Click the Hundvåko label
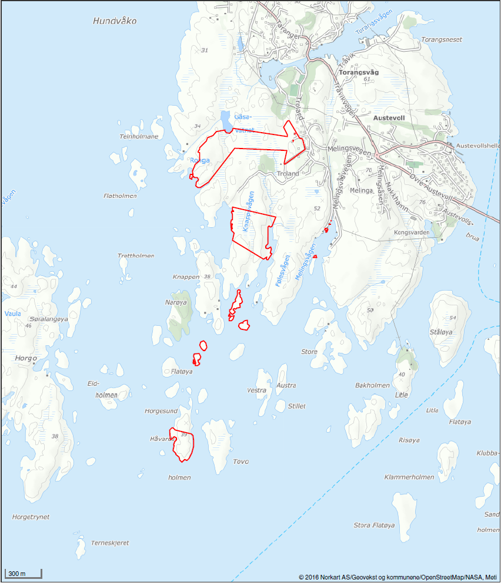(115, 21)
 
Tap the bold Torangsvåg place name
(359, 72)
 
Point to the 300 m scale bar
(23, 573)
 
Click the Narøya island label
(176, 302)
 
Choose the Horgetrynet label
(31, 517)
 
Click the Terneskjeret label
(110, 543)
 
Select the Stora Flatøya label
(374, 525)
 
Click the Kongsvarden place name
(411, 232)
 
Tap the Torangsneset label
(442, 39)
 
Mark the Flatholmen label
(119, 196)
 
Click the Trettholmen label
(136, 256)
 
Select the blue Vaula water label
(12, 314)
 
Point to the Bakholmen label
(372, 386)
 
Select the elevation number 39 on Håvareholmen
(184, 434)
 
